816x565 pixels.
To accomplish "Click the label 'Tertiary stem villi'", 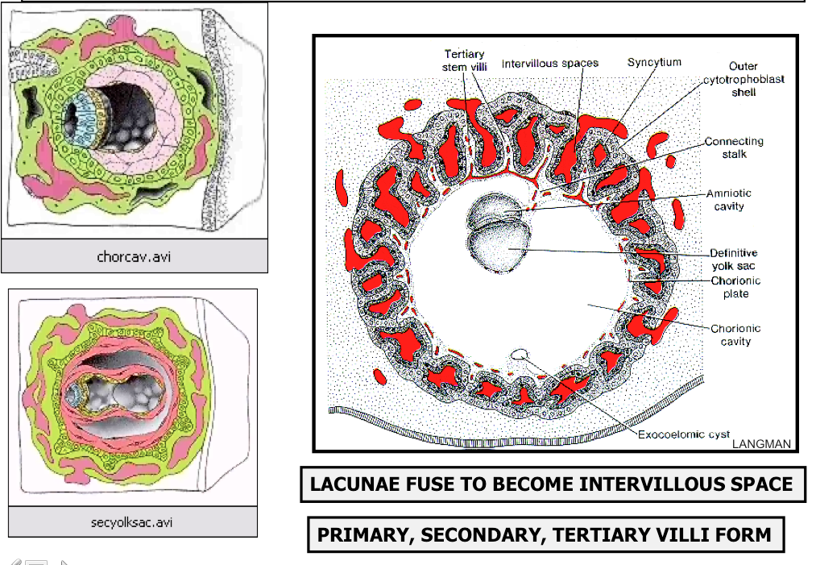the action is pyautogui.click(x=464, y=60).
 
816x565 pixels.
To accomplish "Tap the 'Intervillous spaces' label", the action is pyautogui.click(x=550, y=63).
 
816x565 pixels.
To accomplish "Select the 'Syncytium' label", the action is pyautogui.click(x=654, y=62).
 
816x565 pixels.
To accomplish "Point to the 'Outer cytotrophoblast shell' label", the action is pyautogui.click(x=744, y=79).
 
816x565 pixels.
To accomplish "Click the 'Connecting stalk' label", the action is pyautogui.click(x=734, y=147).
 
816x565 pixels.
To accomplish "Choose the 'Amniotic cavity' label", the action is pyautogui.click(x=729, y=200).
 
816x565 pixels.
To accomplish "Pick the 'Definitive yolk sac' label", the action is pyautogui.click(x=734, y=259).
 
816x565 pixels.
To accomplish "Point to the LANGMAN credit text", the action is pyautogui.click(x=762, y=443).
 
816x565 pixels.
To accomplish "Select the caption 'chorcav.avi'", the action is pyautogui.click(x=134, y=258).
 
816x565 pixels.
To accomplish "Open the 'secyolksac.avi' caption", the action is pyautogui.click(x=131, y=522).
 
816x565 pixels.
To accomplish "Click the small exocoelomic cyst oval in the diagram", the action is pyautogui.click(x=521, y=353).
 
